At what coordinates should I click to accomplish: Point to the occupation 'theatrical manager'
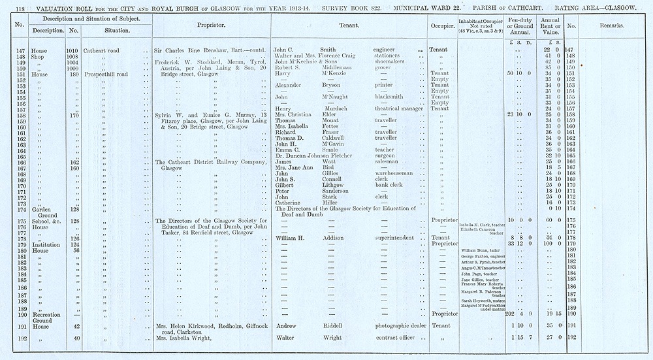point(399,108)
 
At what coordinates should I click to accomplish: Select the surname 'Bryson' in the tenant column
point(333,85)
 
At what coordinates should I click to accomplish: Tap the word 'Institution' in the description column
point(46,244)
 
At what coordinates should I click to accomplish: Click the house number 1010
point(73,50)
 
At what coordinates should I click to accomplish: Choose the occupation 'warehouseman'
point(395,173)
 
